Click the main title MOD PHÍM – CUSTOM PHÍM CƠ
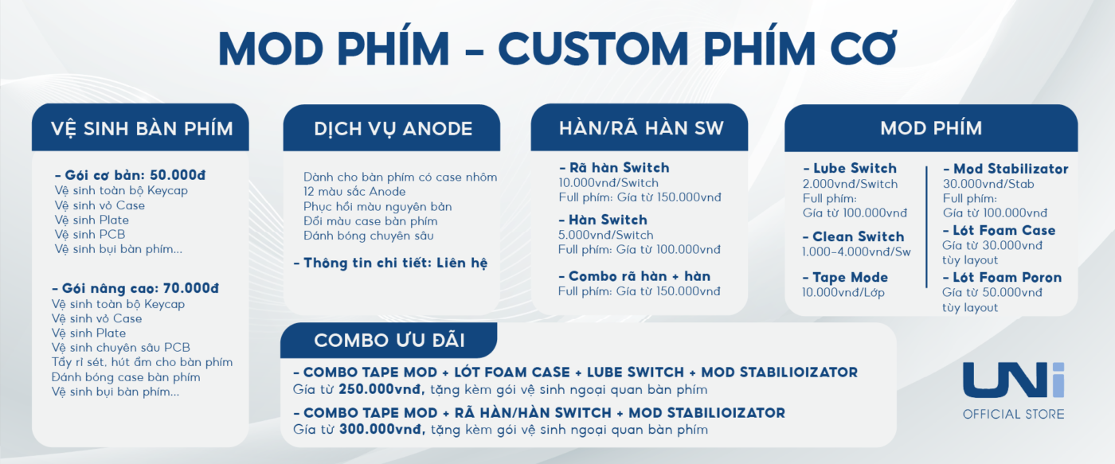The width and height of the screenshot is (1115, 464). coord(557,49)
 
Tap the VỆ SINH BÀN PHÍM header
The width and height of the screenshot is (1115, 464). coord(142,129)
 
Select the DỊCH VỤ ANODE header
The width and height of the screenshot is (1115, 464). coord(393,129)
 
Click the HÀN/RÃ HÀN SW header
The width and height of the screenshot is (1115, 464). coord(641,128)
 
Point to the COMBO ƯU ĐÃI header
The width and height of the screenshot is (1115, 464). coord(389,341)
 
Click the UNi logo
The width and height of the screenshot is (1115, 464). coord(1013,380)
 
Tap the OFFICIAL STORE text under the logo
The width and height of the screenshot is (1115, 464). coord(1013,415)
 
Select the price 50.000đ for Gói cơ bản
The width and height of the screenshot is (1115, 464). coord(178,175)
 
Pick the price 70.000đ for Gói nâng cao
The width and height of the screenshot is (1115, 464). coord(191,288)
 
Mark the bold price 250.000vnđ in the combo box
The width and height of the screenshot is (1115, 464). coord(381,389)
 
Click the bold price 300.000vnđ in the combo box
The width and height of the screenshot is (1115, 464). coord(382,430)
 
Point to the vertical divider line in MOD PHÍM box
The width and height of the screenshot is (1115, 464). coord(926,227)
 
